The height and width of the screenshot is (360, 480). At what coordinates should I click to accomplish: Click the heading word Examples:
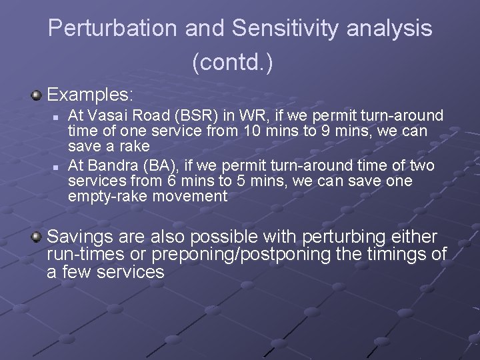tap(90, 93)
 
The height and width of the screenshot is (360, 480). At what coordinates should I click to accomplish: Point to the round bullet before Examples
tap(37, 95)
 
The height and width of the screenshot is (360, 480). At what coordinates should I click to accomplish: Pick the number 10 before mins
tap(252, 131)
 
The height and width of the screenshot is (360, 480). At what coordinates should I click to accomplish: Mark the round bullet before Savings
tap(37, 237)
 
